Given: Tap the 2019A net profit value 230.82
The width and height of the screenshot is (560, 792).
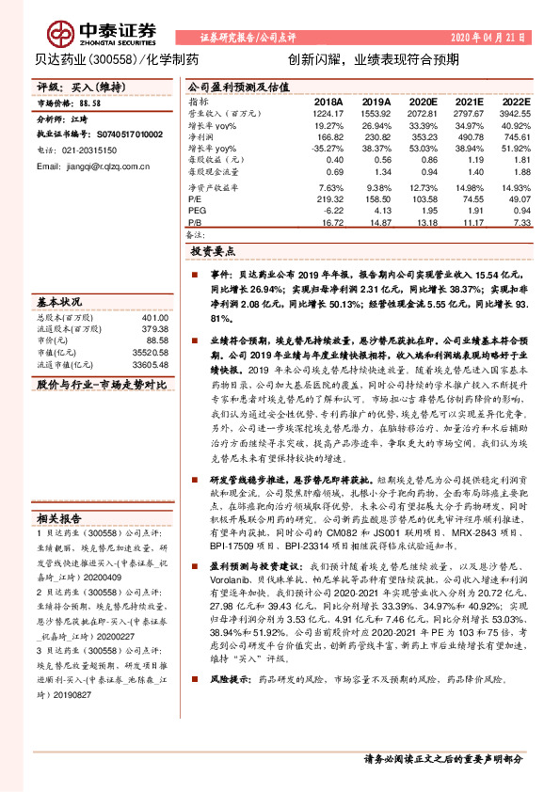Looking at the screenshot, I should tap(376, 135).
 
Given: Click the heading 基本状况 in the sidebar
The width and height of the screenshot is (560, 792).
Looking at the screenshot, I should tap(58, 304).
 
